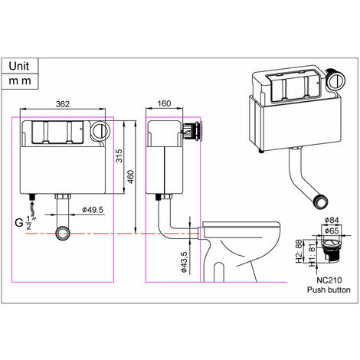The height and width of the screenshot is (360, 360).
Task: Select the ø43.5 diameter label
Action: (185, 260)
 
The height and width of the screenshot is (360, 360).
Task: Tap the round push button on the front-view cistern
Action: (98, 130)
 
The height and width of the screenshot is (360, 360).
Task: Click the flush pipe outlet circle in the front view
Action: (64, 232)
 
